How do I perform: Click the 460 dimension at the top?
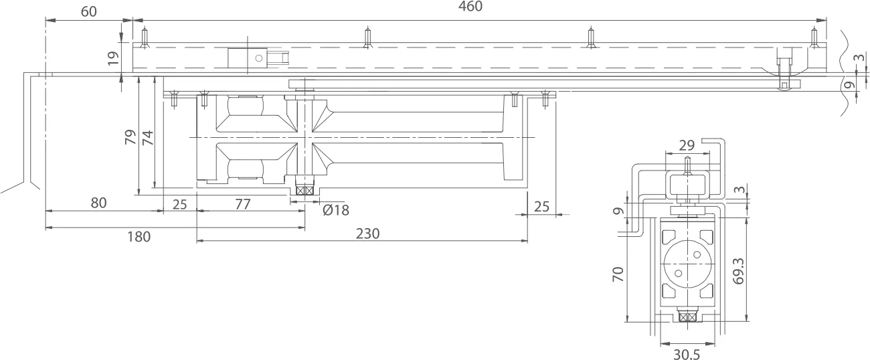(470, 7)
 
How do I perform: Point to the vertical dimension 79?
(130, 137)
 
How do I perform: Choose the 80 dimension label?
(98, 203)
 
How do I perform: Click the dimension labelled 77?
(242, 204)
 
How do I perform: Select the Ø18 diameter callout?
(335, 210)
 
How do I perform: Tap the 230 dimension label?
(367, 234)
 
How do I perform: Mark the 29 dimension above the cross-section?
(687, 145)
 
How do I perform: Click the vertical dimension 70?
(618, 274)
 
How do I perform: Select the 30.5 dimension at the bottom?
(686, 354)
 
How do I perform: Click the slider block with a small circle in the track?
(248, 58)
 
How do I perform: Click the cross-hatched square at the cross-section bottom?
(687, 317)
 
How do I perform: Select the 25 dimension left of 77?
(179, 204)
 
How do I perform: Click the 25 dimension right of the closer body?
(541, 206)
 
